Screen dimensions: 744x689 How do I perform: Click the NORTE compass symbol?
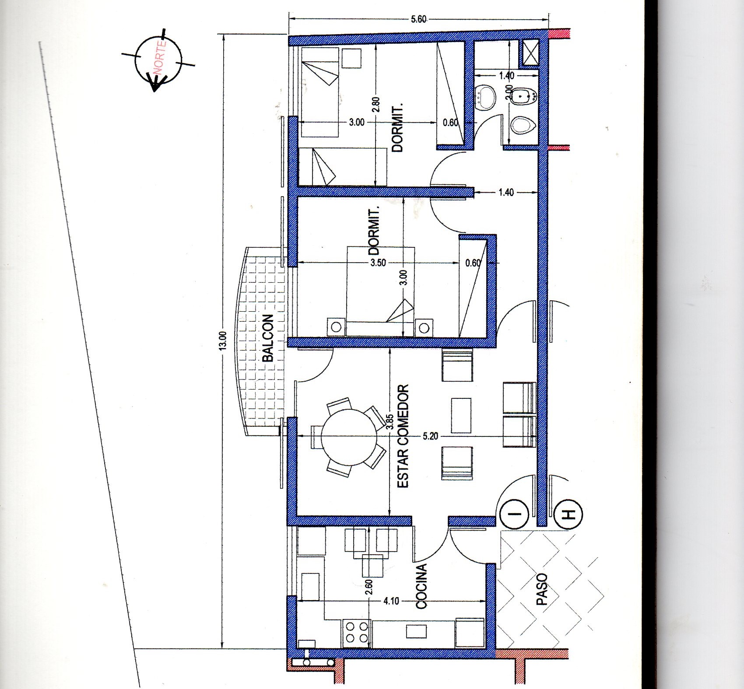point(158,60)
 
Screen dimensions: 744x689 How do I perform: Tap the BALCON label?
point(267,338)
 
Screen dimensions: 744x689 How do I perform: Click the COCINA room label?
point(421,587)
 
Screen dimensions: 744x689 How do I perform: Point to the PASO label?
point(542,589)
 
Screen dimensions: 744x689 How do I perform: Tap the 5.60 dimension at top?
point(419,19)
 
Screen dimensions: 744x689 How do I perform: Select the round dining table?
point(349,437)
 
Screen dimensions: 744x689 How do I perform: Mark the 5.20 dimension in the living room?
point(431,436)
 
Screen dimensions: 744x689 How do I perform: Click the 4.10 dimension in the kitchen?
point(391,601)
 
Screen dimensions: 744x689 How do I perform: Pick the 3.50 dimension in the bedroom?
point(378,263)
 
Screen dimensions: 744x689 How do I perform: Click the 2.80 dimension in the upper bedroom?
point(377,105)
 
